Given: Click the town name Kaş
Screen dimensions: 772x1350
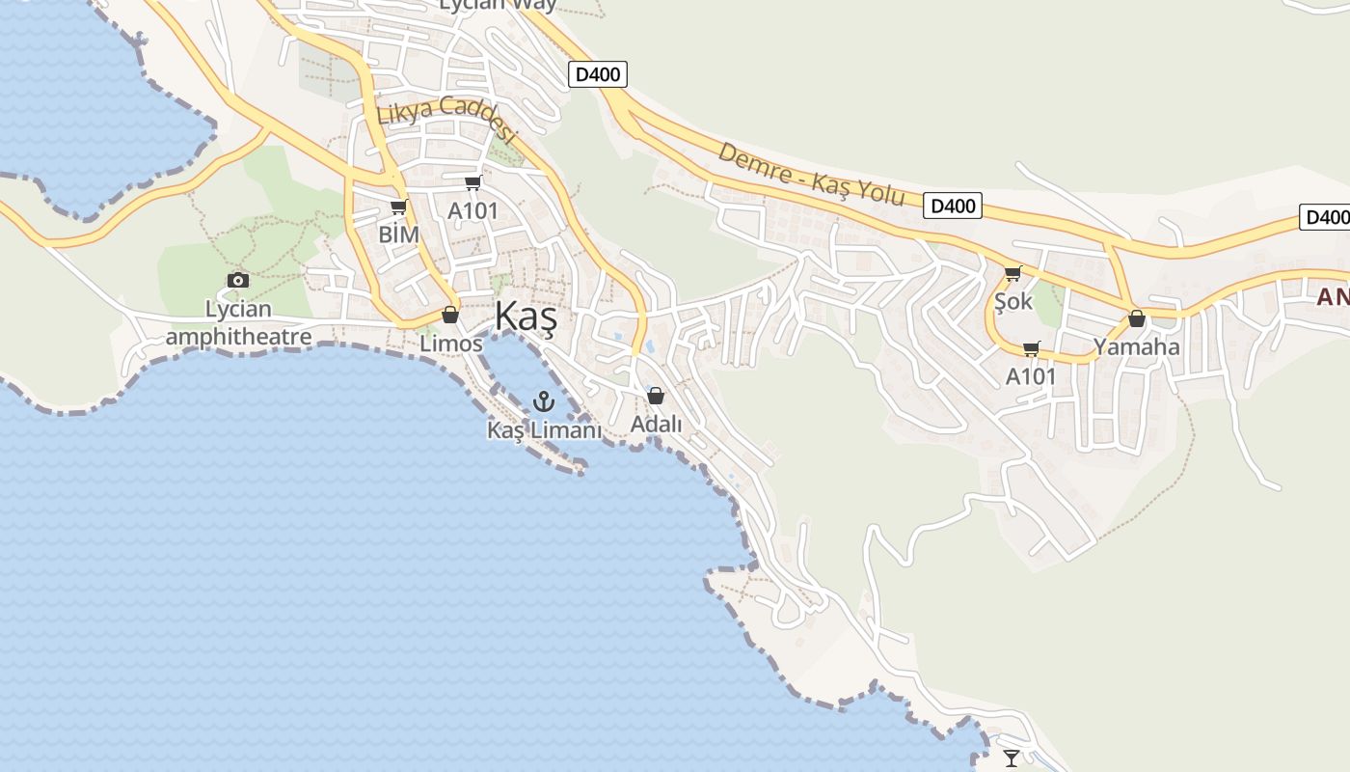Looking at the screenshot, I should click(526, 317).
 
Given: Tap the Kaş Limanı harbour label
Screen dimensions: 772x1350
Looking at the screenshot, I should click(544, 430).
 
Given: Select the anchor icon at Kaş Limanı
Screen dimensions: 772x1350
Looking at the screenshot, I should click(545, 401).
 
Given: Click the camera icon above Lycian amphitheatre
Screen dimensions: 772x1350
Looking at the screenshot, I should click(238, 280).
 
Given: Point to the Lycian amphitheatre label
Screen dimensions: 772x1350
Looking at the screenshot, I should click(238, 323).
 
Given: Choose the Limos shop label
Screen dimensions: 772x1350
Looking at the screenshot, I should click(450, 344).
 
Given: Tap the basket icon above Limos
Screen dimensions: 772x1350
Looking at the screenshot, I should click(450, 315).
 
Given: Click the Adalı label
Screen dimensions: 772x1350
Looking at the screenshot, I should click(656, 424).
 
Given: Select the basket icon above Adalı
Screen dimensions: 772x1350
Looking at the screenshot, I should click(656, 396).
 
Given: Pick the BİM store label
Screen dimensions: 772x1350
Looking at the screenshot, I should click(398, 234).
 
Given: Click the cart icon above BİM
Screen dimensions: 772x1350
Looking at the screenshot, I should click(398, 207).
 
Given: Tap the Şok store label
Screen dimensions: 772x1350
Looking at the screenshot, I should click(1013, 301).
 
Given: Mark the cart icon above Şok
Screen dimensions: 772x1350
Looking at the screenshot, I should click(1012, 273).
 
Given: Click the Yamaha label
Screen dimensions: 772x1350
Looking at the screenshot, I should click(1137, 347).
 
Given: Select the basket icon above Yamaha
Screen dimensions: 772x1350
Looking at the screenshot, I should click(1137, 318).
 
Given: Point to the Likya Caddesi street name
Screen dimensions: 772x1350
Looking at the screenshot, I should click(447, 120).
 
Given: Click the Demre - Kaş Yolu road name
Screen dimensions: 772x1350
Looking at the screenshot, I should click(811, 176).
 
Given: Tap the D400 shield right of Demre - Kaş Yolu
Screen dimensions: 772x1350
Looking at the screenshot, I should click(952, 206).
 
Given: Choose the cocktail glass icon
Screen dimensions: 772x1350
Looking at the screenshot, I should click(1011, 758).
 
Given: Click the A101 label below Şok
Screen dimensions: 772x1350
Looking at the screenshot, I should click(1032, 376).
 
